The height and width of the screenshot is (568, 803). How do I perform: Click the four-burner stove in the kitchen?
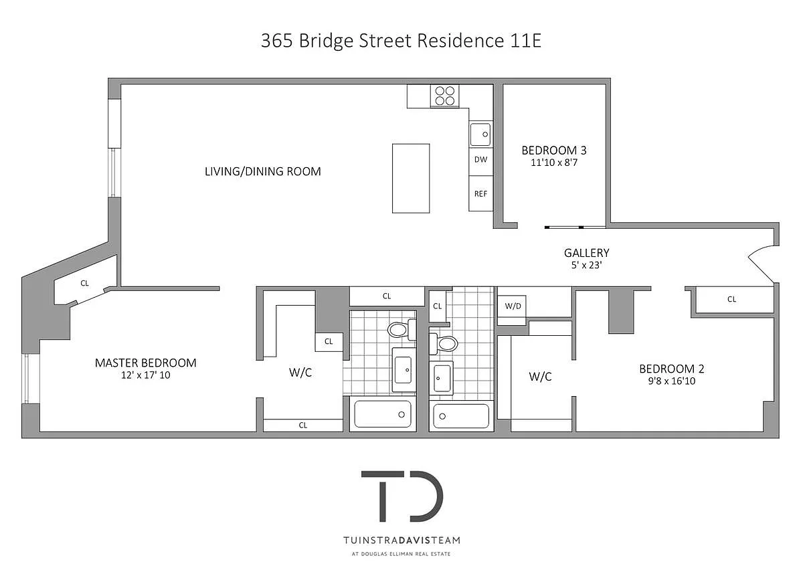point(444,96)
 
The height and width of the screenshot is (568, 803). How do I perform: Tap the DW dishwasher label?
point(480,159)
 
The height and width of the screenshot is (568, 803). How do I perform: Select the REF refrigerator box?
point(480,193)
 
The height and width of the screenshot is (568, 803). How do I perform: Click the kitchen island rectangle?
point(411,179)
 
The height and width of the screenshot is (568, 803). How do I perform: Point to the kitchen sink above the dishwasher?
point(480,134)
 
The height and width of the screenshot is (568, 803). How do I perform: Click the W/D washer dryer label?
point(513,306)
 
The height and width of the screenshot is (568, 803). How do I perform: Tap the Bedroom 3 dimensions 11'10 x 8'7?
point(554,163)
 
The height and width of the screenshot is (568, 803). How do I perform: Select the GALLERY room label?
point(586,253)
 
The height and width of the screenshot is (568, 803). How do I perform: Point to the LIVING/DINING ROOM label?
point(263,171)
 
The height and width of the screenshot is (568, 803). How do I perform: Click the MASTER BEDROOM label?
point(146,363)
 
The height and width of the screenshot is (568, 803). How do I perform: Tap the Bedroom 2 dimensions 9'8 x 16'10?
point(672,381)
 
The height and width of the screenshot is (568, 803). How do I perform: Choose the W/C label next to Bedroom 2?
point(540,377)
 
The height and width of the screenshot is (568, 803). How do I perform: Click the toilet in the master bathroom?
point(401,329)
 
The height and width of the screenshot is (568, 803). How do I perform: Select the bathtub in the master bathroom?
point(383,414)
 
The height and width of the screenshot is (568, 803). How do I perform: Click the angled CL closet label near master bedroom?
point(84,283)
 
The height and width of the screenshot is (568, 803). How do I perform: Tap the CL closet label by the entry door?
point(731,299)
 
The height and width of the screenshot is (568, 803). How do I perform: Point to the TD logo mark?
point(402,496)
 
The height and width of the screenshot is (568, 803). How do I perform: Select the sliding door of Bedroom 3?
point(575,227)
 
